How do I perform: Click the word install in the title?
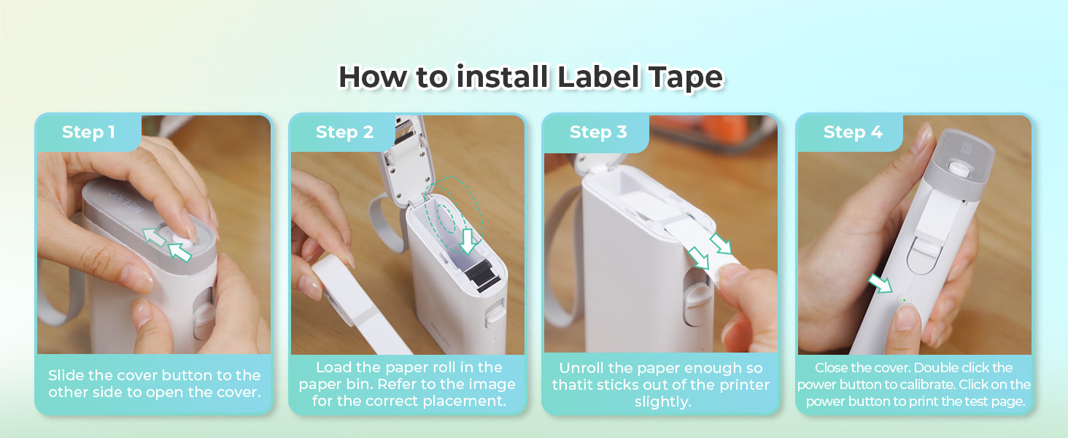502,77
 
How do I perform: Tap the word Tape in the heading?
682,77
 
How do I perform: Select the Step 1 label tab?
88,132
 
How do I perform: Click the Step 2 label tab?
344,132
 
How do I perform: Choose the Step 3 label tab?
598,132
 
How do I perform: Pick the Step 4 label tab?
852,132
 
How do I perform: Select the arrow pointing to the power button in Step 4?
880,284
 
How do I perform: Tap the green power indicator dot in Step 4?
905,299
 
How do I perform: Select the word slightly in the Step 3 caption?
662,402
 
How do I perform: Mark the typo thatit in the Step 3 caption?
572,385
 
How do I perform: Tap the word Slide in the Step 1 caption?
66,375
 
